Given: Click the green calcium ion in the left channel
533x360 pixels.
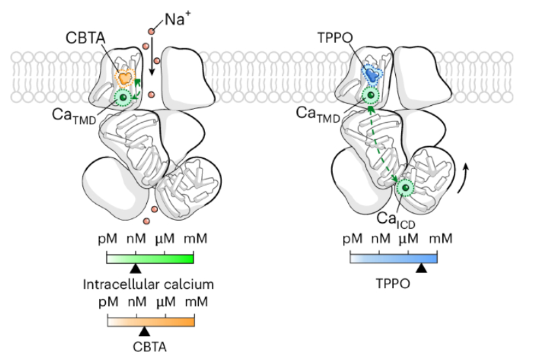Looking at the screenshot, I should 121,99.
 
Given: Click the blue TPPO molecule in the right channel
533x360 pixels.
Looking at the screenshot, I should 372,74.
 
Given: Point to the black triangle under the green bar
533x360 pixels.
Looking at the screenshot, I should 135,268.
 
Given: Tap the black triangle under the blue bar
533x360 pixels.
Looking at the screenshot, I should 422,267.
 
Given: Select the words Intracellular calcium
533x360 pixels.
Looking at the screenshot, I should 149,285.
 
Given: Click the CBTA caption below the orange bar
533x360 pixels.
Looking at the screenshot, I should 150,346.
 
